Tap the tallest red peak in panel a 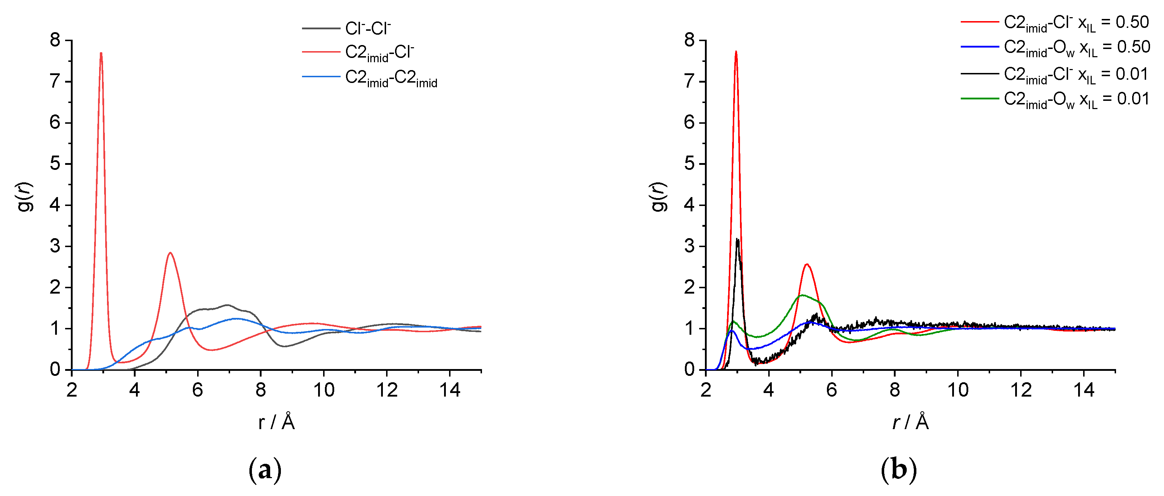click(101, 54)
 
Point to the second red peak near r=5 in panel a click(170, 254)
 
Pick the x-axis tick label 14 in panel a click(449, 390)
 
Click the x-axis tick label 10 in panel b click(958, 390)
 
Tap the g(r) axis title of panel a click(25, 197)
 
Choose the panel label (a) click(265, 470)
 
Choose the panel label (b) click(899, 470)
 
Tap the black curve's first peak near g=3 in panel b click(737, 240)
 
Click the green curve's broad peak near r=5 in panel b click(802, 295)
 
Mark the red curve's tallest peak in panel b click(736, 52)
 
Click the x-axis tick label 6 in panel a click(198, 390)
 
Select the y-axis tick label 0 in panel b click(689, 369)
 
